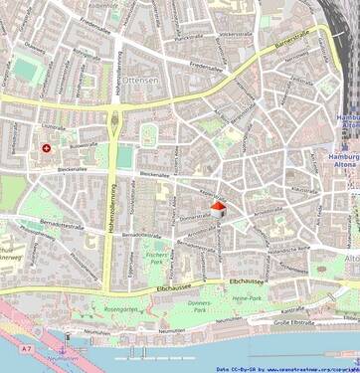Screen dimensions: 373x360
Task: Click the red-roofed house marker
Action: [218, 209]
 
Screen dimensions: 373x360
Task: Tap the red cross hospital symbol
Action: [45, 149]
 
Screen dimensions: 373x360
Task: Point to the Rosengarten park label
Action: [118, 308]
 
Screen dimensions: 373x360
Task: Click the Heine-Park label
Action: [246, 297]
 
